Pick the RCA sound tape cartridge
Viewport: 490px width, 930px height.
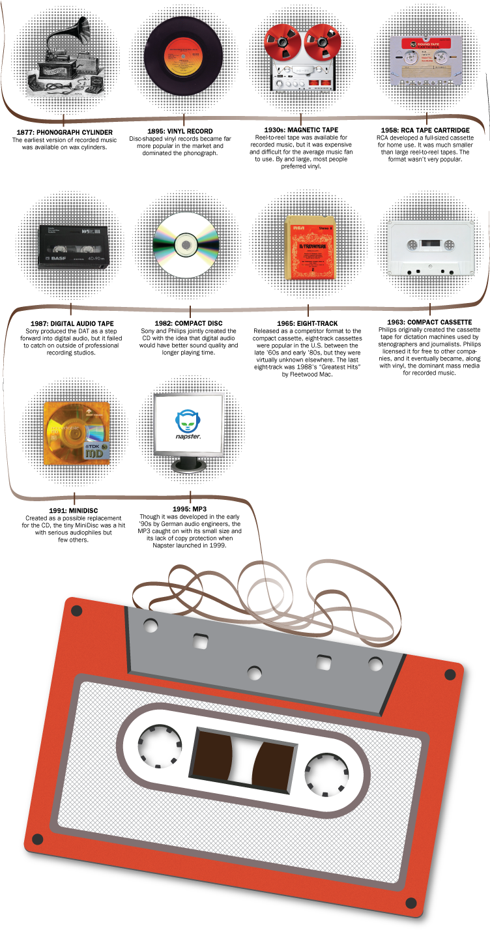click(x=426, y=60)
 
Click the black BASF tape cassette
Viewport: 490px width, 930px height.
click(x=74, y=246)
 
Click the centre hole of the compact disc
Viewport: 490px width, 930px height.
click(x=186, y=245)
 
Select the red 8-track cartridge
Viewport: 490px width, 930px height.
click(x=311, y=247)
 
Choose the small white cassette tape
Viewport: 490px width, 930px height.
click(x=431, y=248)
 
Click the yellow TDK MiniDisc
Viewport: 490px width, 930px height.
click(x=76, y=433)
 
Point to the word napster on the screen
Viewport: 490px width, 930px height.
click(x=188, y=436)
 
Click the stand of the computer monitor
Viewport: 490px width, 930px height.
click(x=188, y=465)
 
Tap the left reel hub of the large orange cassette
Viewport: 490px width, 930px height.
click(x=160, y=746)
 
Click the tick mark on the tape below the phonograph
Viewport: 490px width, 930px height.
click(x=64, y=120)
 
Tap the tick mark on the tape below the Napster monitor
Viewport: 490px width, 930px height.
click(x=190, y=498)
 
